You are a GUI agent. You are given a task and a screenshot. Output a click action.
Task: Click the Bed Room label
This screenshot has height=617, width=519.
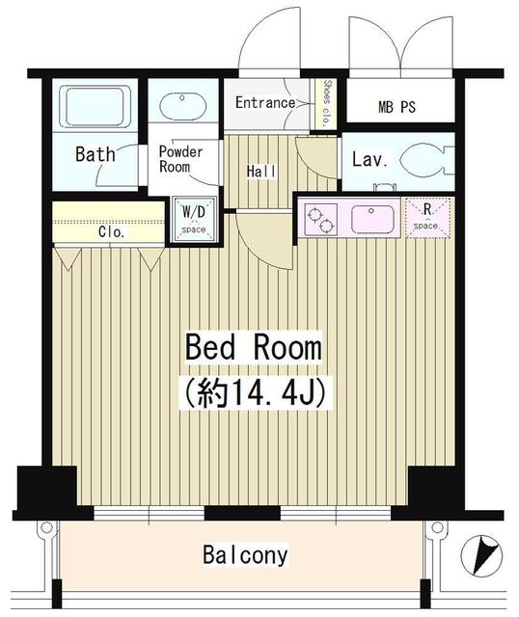253,347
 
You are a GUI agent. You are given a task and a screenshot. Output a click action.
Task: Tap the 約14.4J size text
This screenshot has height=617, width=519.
253,391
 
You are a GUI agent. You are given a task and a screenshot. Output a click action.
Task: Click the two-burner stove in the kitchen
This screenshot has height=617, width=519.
321,218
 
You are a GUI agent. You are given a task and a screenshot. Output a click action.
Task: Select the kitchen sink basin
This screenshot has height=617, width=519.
371,218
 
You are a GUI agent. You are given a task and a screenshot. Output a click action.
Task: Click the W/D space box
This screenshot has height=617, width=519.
194,218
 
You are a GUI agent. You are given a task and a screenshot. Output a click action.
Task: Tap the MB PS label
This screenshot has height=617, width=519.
396,106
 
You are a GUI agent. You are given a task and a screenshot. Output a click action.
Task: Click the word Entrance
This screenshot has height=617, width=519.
265,102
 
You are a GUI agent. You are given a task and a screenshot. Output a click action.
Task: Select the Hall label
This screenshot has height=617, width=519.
261,172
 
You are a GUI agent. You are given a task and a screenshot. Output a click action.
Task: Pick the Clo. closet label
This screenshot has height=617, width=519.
108,231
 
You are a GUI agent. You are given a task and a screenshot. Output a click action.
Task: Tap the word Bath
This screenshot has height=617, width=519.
96,153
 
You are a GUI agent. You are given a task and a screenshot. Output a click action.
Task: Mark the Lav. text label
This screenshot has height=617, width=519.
369,159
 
